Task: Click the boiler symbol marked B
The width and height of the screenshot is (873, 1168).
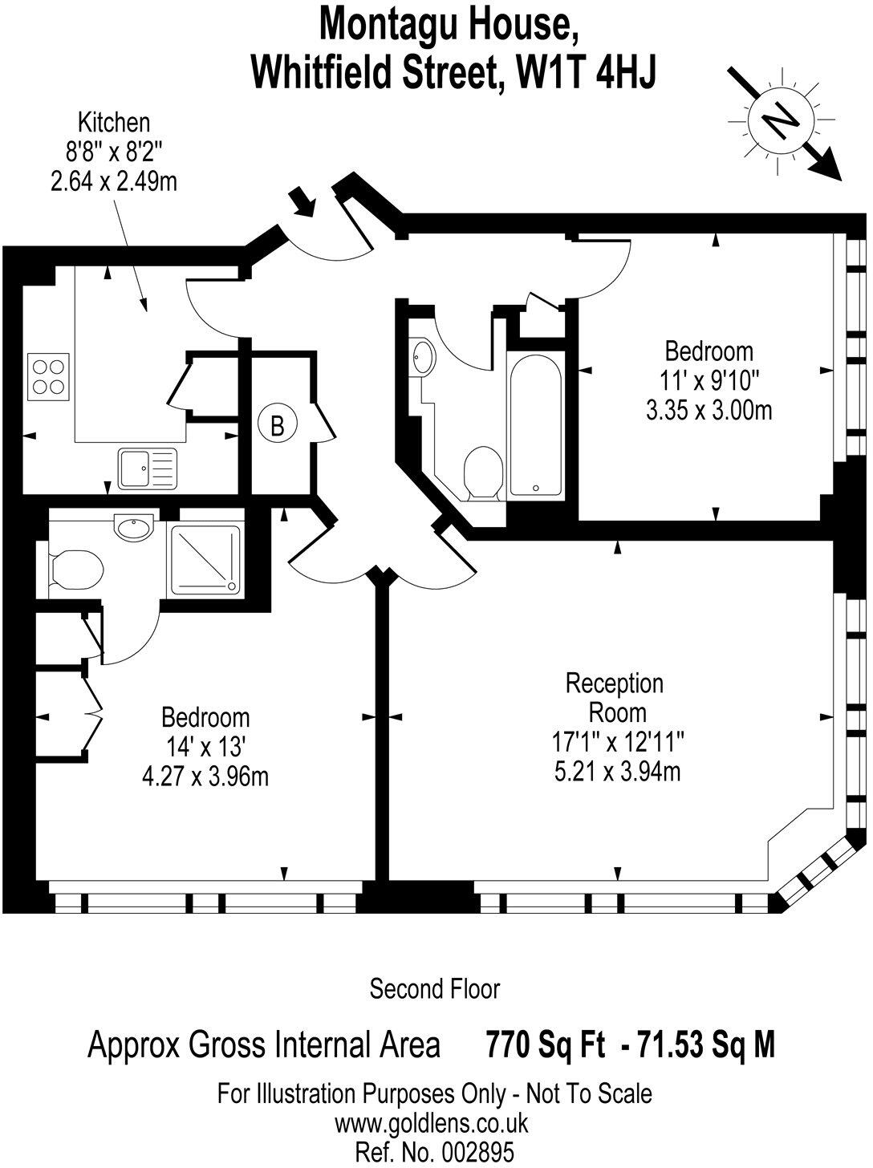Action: tap(278, 425)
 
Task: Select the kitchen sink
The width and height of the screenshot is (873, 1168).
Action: tap(146, 468)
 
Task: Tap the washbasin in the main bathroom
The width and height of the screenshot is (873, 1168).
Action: tap(421, 357)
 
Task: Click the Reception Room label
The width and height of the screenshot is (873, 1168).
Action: tap(615, 697)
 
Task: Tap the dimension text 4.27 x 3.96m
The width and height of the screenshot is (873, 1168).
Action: tap(205, 776)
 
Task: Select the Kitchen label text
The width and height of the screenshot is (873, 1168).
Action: tap(113, 123)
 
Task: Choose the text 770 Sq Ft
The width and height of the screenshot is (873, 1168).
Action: tap(545, 1045)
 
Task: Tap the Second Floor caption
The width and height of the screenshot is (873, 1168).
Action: tap(434, 989)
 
